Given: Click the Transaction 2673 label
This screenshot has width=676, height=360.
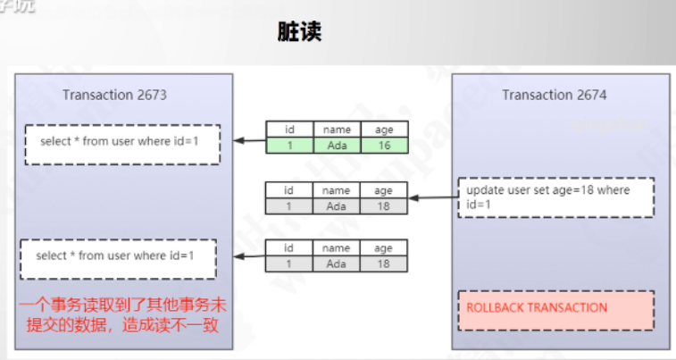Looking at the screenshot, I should (x=114, y=95).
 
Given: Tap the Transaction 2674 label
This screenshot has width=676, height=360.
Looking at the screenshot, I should (x=554, y=95).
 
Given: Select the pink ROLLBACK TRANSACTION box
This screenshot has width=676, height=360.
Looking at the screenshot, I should (x=555, y=308).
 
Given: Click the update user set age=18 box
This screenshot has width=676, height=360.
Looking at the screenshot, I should (x=555, y=197).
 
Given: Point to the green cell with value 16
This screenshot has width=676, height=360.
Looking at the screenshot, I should (x=384, y=146).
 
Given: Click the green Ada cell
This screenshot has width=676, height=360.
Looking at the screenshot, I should (x=337, y=146).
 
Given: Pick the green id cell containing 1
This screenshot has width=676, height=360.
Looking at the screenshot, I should (x=288, y=146).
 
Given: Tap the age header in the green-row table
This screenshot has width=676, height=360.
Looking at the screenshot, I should (x=384, y=130).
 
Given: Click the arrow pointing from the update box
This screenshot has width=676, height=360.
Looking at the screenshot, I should (x=433, y=197).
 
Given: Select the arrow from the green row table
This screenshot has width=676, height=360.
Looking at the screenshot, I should (x=250, y=140).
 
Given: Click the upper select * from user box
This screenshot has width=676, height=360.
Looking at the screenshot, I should (x=122, y=143).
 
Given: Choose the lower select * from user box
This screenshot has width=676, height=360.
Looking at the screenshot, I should (x=120, y=257).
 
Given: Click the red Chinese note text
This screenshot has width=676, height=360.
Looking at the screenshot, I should (x=118, y=314).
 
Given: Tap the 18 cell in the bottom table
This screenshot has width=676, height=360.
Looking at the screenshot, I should (x=384, y=264).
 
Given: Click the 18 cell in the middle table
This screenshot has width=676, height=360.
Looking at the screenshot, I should (x=384, y=206).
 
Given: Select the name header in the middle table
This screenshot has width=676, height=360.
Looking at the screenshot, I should (x=337, y=190).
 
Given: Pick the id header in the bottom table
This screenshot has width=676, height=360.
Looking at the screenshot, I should (x=288, y=248).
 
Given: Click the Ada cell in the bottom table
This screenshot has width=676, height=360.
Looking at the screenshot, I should (x=337, y=264).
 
